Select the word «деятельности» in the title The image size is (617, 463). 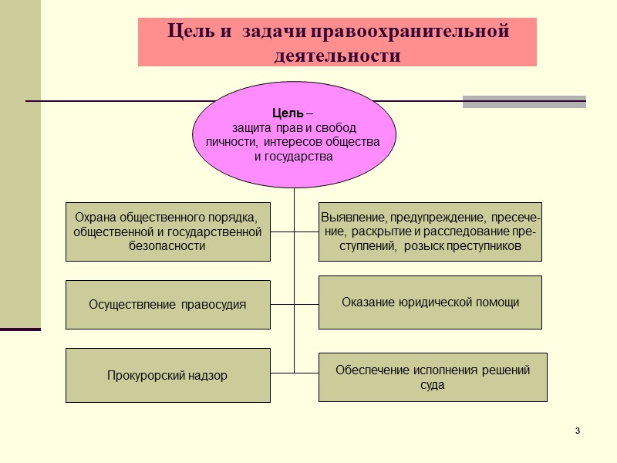click(338, 56)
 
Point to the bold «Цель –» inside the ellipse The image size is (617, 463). click(293, 114)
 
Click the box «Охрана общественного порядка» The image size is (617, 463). click(167, 231)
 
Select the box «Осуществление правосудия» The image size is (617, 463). click(167, 304)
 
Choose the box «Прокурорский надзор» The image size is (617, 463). click(167, 376)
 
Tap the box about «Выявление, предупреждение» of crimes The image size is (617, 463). click(430, 231)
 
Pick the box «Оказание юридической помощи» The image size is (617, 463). click(430, 302)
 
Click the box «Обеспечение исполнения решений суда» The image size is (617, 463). click(433, 377)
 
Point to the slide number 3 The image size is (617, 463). click(577, 429)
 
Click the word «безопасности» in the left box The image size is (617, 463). click(167, 246)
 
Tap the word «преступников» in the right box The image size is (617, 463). click(484, 246)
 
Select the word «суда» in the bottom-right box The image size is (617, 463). click(433, 385)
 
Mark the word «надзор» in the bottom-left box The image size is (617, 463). click(211, 376)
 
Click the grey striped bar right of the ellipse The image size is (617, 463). click(524, 101)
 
